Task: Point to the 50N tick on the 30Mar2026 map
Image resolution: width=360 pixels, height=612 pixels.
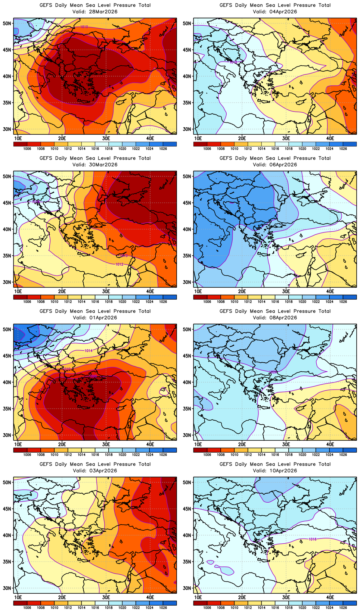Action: click(7, 176)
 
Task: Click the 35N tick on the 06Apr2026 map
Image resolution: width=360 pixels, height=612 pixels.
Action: click(187, 256)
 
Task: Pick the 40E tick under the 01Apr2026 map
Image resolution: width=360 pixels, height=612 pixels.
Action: click(150, 444)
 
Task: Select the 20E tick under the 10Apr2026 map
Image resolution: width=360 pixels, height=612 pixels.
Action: click(242, 597)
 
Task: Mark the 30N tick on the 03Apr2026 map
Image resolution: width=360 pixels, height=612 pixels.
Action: click(7, 588)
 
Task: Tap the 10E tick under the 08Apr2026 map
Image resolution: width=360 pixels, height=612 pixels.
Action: click(198, 444)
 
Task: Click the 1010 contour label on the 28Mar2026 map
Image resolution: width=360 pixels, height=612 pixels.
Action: click(84, 27)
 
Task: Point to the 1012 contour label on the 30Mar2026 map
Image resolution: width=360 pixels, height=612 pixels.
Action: click(119, 264)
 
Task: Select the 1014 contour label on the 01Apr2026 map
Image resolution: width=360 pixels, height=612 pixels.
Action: click(89, 351)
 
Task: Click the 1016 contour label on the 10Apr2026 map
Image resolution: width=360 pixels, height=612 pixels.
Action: click(313, 539)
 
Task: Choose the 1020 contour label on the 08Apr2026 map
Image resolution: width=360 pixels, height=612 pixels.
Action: click(273, 372)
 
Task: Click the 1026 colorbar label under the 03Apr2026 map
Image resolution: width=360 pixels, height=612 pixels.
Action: click(163, 608)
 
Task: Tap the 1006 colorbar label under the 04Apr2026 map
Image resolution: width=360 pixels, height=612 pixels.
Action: click(207, 149)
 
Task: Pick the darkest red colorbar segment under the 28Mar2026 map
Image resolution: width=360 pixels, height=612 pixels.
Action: click(20, 144)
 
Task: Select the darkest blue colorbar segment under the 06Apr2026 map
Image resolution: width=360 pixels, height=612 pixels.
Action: click(350, 297)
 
